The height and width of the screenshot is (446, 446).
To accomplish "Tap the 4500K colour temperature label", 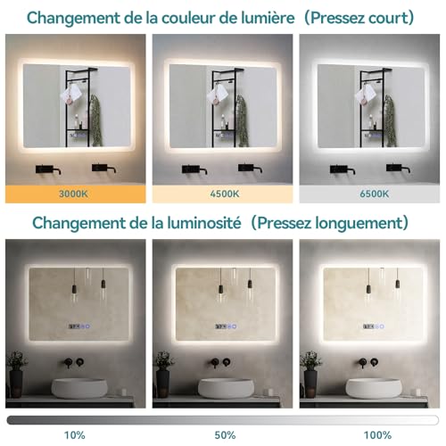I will point(222,191).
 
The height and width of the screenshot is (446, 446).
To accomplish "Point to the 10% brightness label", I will point(75,436).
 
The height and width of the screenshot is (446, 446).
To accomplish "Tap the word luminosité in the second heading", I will point(206,221).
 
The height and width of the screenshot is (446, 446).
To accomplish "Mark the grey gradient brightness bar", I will point(222,418).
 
